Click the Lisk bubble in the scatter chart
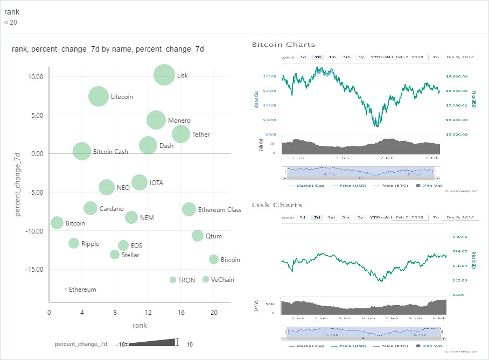click(164, 75)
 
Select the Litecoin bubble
click(99, 97)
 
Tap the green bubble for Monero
click(156, 120)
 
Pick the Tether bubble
click(181, 134)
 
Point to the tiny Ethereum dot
click(66, 289)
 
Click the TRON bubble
click(173, 280)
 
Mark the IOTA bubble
click(139, 182)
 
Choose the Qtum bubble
click(198, 236)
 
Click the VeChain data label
click(222, 280)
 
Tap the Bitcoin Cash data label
click(110, 152)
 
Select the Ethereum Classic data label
click(220, 210)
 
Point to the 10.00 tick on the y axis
click(36, 76)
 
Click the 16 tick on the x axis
click(181, 313)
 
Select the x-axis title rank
click(139, 325)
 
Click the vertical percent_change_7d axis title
click(18, 184)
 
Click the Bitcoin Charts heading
click(283, 45)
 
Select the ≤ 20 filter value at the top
click(11, 23)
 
